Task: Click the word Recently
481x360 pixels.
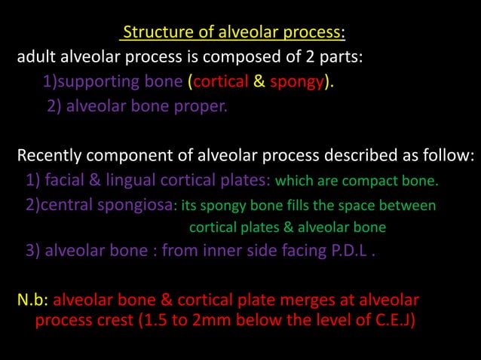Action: [x=51, y=157]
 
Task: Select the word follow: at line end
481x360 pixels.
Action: [x=451, y=157]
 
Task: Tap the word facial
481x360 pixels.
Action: [x=63, y=181]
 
